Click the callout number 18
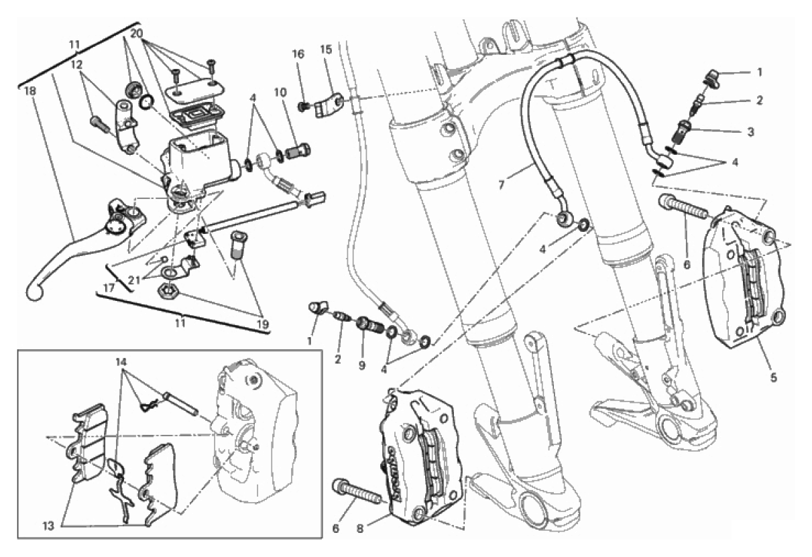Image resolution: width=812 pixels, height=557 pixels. [30, 90]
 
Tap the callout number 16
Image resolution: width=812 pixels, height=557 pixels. [299, 54]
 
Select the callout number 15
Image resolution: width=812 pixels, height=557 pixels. [326, 50]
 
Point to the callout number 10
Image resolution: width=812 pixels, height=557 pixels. [280, 92]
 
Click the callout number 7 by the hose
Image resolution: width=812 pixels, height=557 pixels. [502, 185]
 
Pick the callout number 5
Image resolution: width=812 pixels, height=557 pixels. [773, 377]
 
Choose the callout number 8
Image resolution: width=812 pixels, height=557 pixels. [359, 529]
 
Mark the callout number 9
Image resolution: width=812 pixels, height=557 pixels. [362, 366]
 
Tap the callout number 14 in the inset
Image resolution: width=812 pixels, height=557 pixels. [122, 362]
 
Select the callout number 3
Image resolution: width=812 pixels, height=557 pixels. [750, 131]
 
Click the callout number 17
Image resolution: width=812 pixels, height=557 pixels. [109, 288]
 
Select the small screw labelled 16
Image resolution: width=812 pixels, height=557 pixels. [303, 107]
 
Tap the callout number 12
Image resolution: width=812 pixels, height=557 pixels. [76, 64]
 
